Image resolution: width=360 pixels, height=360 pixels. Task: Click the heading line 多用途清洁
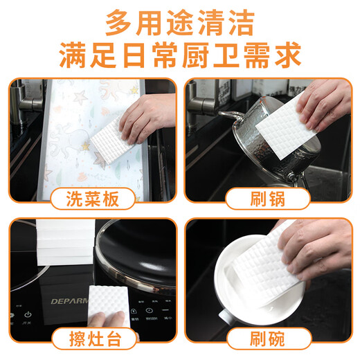[x=180, y=22]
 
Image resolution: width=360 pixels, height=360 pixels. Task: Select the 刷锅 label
[x=269, y=199]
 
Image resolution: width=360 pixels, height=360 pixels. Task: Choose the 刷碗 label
[x=269, y=340]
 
